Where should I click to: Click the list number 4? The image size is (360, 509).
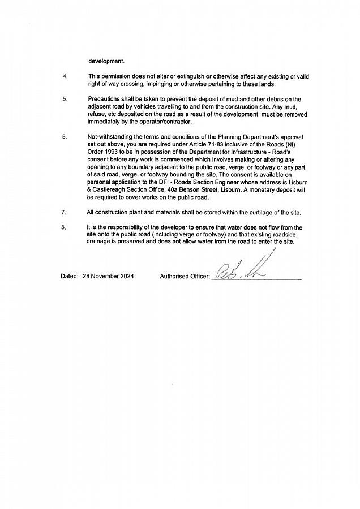pos(65,76)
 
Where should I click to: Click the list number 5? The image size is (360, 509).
pos(65,99)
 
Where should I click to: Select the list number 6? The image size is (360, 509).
pos(65,136)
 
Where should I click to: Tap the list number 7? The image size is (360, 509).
pos(65,212)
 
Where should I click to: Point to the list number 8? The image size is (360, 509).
pos(65,227)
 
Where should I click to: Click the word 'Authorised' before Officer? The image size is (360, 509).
pos(175,277)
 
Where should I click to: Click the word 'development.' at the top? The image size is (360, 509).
pos(106,61)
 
